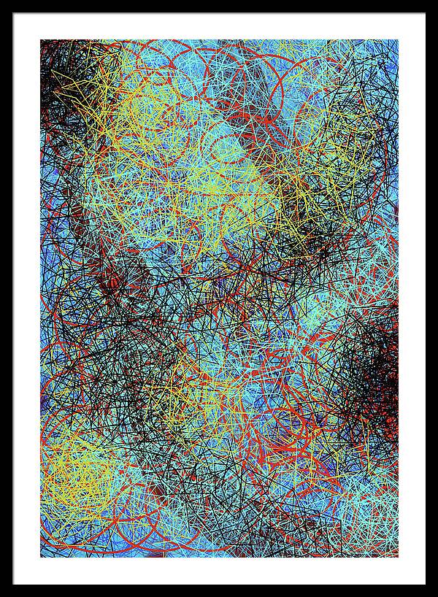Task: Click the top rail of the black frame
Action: point(219,7)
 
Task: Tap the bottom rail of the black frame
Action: point(219,590)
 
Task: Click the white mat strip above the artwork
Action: point(219,26)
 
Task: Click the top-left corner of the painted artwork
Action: point(41,40)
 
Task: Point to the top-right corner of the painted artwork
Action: point(398,40)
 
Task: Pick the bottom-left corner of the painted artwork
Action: point(41,557)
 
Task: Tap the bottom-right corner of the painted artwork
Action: point(398,557)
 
